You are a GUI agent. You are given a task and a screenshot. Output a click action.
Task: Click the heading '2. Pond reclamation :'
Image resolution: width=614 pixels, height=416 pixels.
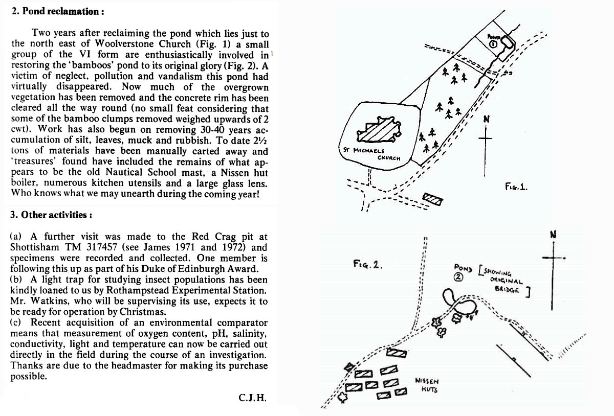pyautogui.click(x=58, y=12)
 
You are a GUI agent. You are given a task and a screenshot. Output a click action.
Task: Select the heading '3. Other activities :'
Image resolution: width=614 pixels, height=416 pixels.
pyautogui.click(x=51, y=215)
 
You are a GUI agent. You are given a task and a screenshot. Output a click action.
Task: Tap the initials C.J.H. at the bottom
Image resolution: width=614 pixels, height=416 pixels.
pyautogui.click(x=252, y=398)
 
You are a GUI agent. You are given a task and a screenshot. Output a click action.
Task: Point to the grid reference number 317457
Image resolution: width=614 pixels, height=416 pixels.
pyautogui.click(x=102, y=247)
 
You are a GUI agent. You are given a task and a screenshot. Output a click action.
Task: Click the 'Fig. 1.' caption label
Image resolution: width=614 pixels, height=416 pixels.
pyautogui.click(x=516, y=187)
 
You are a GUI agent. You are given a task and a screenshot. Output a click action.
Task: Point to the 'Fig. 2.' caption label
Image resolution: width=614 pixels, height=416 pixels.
pyautogui.click(x=367, y=264)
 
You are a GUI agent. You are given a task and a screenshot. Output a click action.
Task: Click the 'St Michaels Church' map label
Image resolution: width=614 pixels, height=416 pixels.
pyautogui.click(x=372, y=154)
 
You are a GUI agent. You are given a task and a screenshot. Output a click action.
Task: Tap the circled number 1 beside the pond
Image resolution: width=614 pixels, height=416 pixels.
pyautogui.click(x=493, y=44)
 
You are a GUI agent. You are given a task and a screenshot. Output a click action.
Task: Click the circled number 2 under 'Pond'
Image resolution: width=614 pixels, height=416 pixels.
pyautogui.click(x=458, y=278)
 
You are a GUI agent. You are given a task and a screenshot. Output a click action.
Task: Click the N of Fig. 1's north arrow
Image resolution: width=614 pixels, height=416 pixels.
pyautogui.click(x=486, y=119)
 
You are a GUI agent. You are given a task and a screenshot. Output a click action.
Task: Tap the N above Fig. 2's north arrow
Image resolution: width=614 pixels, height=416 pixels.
pyautogui.click(x=553, y=235)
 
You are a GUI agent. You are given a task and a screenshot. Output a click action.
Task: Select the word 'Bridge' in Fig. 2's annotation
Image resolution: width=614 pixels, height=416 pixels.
pyautogui.click(x=507, y=289)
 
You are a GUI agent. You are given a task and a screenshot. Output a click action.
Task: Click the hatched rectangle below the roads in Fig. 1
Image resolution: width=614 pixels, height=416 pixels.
pyautogui.click(x=432, y=199)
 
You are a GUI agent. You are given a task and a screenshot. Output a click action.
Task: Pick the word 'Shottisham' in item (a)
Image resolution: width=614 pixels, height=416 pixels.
pyautogui.click(x=35, y=247)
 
